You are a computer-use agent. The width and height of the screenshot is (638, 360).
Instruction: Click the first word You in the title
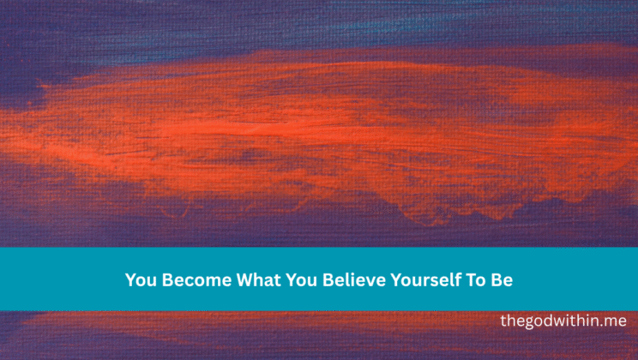[x=140, y=279]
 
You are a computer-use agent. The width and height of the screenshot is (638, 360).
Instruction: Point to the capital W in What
[x=240, y=279]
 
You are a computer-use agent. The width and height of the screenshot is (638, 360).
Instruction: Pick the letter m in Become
[x=203, y=280]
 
